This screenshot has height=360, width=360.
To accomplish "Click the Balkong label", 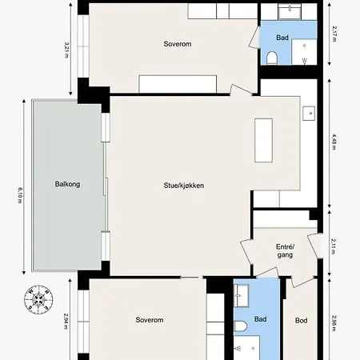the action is tap(67, 184).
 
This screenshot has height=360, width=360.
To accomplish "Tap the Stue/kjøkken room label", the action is tap(184, 186).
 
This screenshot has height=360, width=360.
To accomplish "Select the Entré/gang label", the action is tap(285, 250).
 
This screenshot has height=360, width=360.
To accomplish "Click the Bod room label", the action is tap(301, 320).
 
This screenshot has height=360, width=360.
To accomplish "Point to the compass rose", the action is tap(38, 299).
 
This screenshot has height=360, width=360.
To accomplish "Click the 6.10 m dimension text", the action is tap(20, 195).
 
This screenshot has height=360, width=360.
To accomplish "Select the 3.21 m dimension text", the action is tap(66, 50).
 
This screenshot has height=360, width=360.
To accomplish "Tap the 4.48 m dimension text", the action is tap(334, 142).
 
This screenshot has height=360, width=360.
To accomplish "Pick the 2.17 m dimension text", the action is tap(334, 34).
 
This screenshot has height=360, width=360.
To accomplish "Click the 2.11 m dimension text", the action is tap(334, 246).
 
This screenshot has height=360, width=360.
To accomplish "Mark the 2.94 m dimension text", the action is tap(66, 321).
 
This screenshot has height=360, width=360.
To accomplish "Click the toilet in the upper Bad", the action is tap(272, 58).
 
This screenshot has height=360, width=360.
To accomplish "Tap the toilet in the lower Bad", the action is tap(241, 326).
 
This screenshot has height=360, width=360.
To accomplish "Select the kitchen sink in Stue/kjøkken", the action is tap(309, 114).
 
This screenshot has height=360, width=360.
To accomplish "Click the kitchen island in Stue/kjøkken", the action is tap(263, 140).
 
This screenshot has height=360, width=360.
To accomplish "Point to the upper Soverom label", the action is tap(178, 44).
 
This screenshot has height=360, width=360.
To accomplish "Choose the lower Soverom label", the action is tap(150, 320).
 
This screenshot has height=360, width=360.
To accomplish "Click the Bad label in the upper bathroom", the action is tap(282, 38).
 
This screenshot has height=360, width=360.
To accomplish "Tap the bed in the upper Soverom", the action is tap(178, 84).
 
